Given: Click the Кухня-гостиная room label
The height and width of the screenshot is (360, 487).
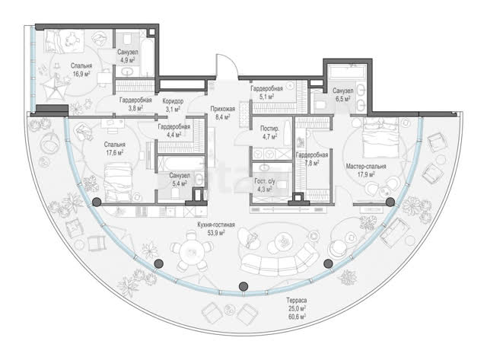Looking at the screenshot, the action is [216, 225].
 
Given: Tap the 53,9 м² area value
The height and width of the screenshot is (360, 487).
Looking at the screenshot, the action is [215, 232].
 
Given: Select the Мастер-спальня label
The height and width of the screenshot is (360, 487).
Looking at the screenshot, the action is [366, 167].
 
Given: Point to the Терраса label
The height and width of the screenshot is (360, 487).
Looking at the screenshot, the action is [296, 301].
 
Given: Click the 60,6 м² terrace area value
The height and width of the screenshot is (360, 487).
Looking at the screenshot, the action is [296, 317].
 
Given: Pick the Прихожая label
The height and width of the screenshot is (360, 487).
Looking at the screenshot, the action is [222, 109].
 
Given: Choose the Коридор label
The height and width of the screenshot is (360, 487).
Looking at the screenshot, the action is [173, 101].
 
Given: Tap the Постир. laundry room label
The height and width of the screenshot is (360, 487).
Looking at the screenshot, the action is [269, 129].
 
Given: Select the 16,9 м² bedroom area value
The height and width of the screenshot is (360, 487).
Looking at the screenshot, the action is [81, 74].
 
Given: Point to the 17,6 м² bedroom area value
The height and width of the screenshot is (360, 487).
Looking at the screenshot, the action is [115, 152].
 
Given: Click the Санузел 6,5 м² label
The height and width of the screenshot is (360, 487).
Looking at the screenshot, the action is [342, 94].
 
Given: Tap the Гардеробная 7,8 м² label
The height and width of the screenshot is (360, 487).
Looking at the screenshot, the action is [311, 158].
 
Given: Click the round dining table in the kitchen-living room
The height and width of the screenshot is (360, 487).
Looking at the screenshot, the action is [193, 251].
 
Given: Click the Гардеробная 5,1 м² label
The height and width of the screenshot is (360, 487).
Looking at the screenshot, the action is [267, 93].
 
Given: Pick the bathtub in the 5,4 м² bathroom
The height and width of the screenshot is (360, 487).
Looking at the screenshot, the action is [180, 163].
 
